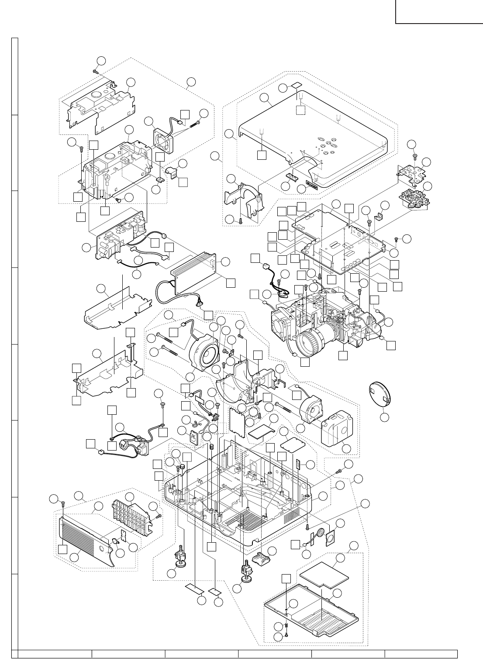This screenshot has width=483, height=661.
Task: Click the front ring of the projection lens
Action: coord(310,342)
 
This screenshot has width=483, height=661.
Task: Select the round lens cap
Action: coord(380,392)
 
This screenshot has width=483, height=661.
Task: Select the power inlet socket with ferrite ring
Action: coord(137,443)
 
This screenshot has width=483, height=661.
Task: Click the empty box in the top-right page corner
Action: coord(439,11)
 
